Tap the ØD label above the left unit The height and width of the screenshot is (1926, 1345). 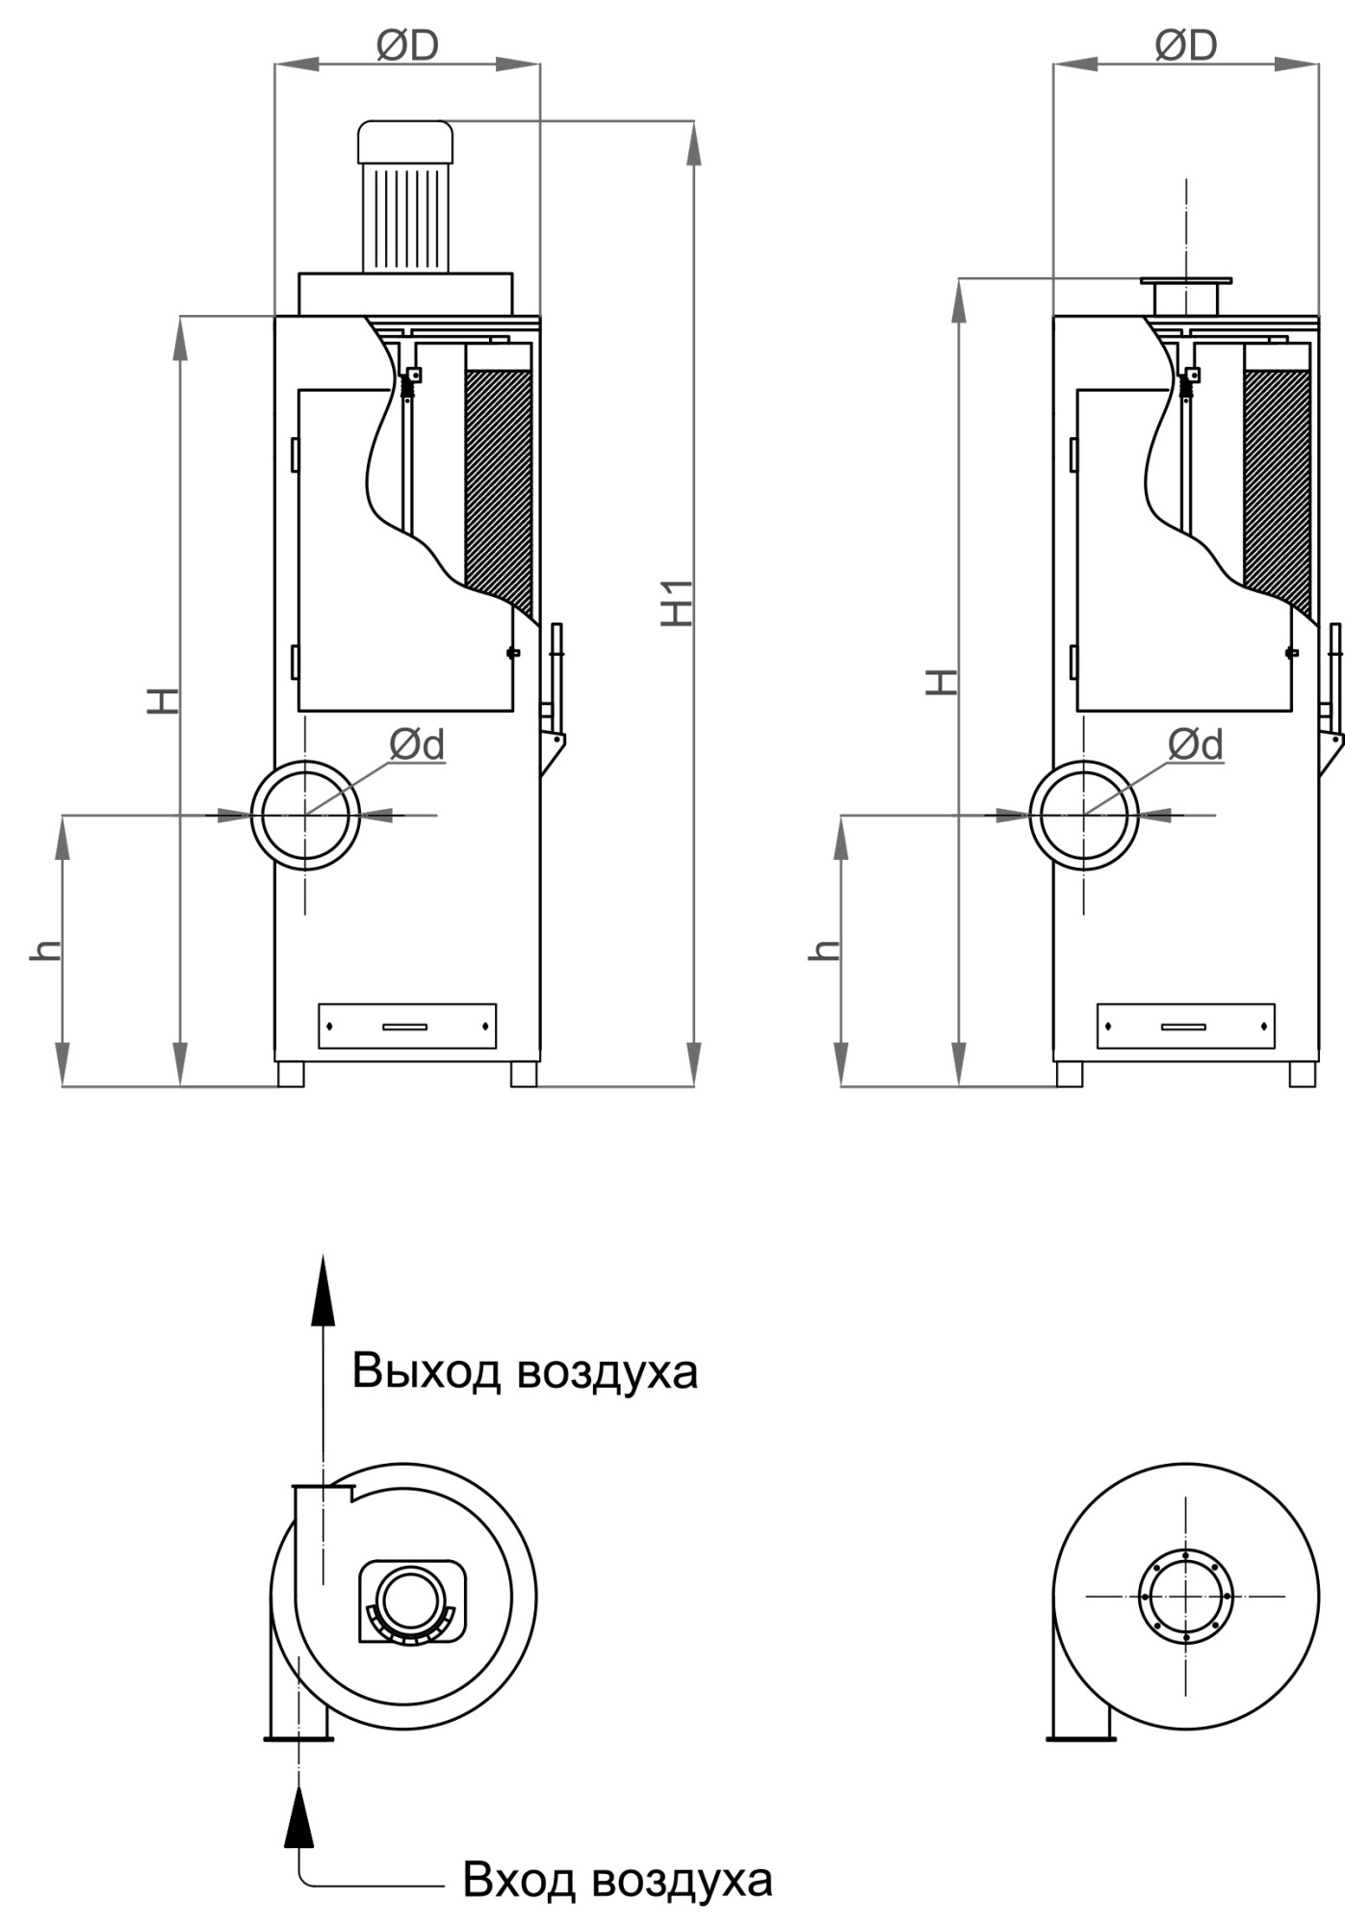tap(407, 44)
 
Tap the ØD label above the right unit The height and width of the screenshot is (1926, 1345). tap(1186, 44)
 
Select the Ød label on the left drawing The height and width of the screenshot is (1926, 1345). tap(418, 744)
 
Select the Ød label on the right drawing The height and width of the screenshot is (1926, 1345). tap(1196, 744)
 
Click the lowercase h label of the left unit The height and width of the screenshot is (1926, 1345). tap(45, 950)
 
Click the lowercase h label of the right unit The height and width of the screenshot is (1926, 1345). tap(824, 950)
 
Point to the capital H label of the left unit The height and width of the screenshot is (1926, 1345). tap(163, 700)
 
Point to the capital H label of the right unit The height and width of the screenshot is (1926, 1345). tap(942, 681)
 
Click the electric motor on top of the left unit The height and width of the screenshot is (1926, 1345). tap(405, 197)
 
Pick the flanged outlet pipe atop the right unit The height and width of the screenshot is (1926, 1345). tap(1185, 295)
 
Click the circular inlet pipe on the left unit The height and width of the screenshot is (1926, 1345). tap(305, 815)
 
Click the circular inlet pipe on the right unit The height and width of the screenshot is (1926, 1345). tap(1084, 815)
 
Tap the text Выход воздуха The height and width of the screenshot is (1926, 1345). tap(525, 1371)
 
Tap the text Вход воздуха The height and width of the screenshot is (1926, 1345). tap(617, 1879)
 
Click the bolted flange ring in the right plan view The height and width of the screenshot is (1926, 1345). tap(1185, 1596)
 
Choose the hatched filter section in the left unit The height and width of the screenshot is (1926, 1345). tap(499, 481)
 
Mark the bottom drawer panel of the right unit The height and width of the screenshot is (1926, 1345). tap(1185, 1026)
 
